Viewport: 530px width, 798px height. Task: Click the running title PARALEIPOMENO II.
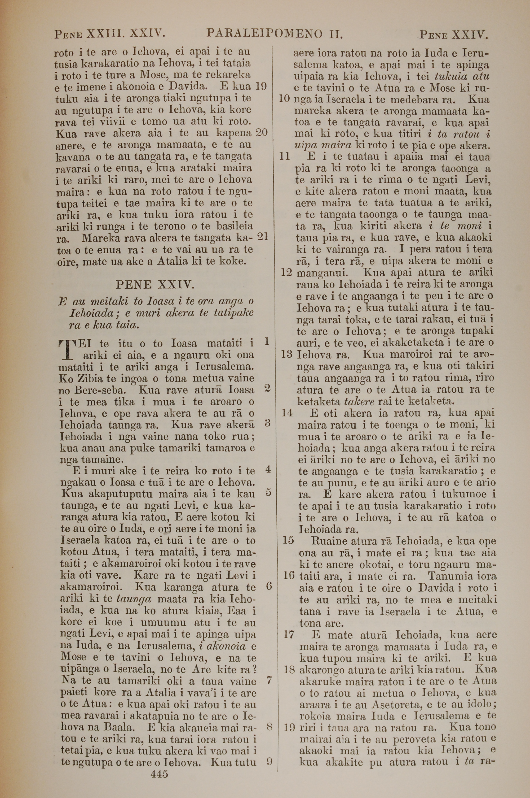click(275, 33)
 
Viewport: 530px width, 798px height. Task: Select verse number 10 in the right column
click(285, 99)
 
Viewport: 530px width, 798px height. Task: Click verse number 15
click(288, 540)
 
